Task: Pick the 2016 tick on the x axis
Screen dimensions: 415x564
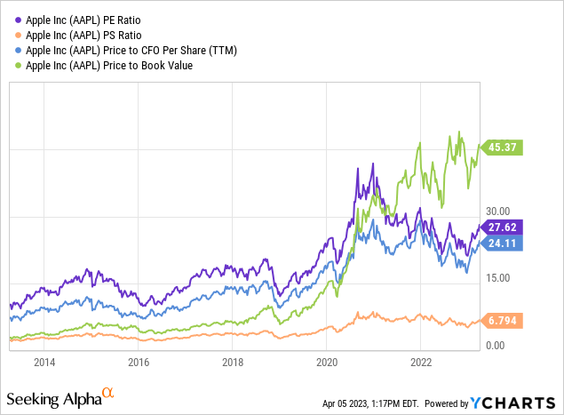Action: coord(139,363)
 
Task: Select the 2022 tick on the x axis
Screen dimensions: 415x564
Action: coord(421,363)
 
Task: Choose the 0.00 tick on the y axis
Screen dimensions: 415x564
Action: coord(496,345)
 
